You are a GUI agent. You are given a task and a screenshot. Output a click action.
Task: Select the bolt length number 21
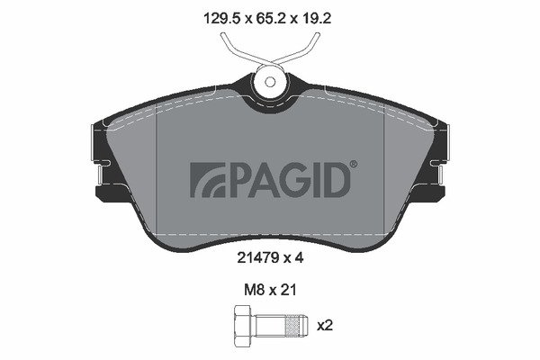[288, 290]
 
